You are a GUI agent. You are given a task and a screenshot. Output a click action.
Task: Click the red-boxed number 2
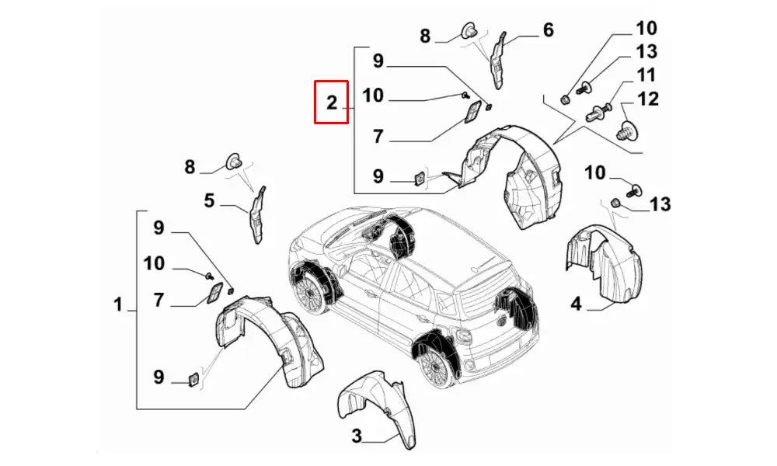(331, 102)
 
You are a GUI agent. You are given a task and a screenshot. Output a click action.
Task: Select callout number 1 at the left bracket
(118, 305)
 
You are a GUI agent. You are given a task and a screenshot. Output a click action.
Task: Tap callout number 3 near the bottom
(357, 436)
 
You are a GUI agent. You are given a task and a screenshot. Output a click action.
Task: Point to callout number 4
(576, 304)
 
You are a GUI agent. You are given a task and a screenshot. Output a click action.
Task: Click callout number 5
(209, 201)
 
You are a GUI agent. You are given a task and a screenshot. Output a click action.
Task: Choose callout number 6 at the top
(548, 30)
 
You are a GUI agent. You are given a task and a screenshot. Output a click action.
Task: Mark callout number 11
(646, 75)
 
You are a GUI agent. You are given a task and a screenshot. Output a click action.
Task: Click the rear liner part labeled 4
(605, 264)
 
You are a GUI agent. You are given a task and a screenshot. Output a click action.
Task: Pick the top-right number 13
(646, 52)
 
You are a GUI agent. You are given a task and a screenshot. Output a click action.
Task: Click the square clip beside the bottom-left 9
(191, 378)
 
